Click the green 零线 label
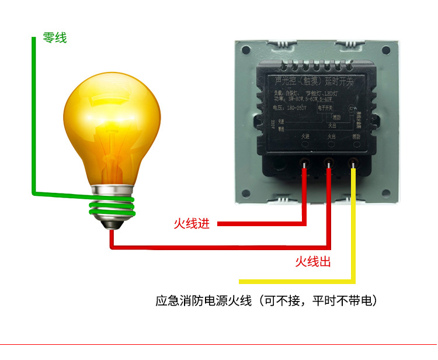(55, 38)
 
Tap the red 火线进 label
(191, 224)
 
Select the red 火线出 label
(313, 262)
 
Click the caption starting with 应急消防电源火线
(266, 302)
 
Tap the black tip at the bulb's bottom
(111, 225)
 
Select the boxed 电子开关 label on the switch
(325, 108)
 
